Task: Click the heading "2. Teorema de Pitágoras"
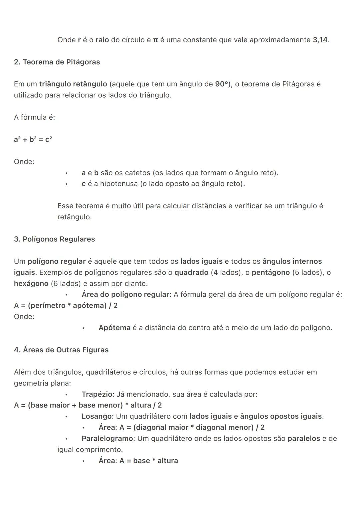coord(57,62)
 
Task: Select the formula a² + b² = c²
coord(33,140)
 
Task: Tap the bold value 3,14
coord(320,40)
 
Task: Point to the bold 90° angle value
coord(221,84)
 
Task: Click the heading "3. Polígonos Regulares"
coord(54,239)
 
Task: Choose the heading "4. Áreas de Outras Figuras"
coord(61,350)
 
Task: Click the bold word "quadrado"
coord(191,273)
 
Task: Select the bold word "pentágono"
coord(271,273)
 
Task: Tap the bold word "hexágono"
coord(31,284)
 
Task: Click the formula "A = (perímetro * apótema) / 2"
coord(66,306)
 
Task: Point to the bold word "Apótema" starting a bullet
coord(114,328)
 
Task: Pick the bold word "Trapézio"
coord(97,394)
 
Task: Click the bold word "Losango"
coord(97,416)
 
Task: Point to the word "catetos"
coord(137,173)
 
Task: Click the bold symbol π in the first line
coord(155,40)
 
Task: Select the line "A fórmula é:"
coord(34,117)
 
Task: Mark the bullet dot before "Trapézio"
coord(67,395)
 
